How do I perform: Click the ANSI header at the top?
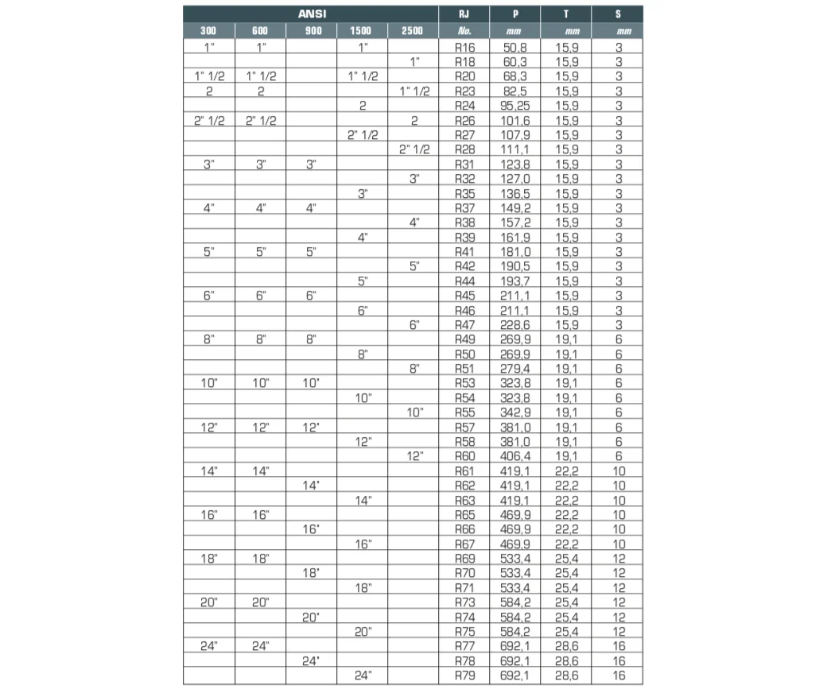(311, 14)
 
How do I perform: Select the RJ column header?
(464, 14)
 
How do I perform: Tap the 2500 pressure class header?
(413, 31)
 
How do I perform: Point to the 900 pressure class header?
(311, 31)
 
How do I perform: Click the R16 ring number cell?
(464, 47)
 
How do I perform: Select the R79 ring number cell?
(464, 675)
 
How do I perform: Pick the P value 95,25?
(515, 105)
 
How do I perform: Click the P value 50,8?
(515, 47)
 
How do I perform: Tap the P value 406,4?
(515, 456)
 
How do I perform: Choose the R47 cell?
(464, 324)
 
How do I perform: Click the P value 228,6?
(515, 324)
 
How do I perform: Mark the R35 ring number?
(464, 193)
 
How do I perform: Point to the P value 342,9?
(515, 412)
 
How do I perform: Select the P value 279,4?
(515, 369)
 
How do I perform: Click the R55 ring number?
(464, 412)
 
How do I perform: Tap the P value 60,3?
(515, 61)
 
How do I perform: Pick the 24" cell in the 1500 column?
(363, 675)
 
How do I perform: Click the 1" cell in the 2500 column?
(413, 61)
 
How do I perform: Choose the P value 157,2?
(515, 223)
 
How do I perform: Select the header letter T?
(566, 14)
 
